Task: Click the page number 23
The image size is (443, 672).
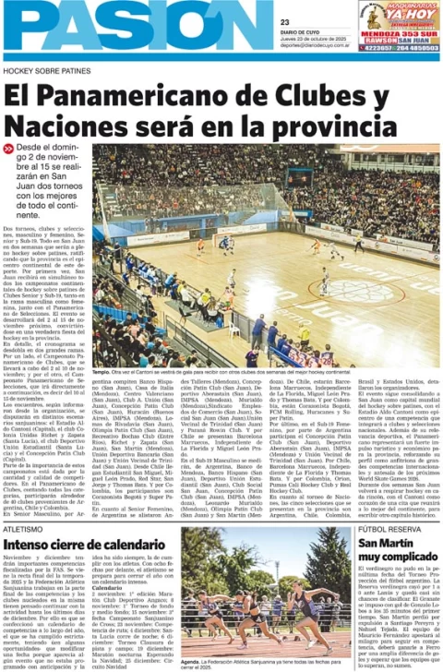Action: click(x=284, y=22)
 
